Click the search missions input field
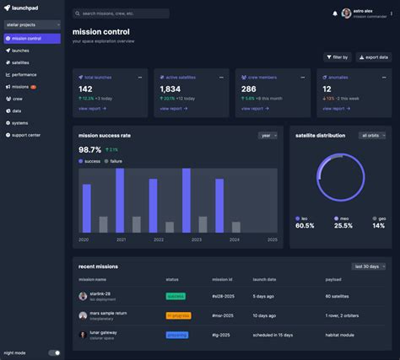coord(120,13)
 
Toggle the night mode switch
coord(54,353)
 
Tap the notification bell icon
coord(335,13)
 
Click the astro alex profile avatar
coord(346,13)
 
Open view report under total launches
coord(91,108)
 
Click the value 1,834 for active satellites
coord(170,89)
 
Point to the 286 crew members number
coord(249,89)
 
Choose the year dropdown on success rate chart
coord(268,135)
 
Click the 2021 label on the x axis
coord(121,239)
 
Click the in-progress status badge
coord(178,315)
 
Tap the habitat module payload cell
coord(343,335)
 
